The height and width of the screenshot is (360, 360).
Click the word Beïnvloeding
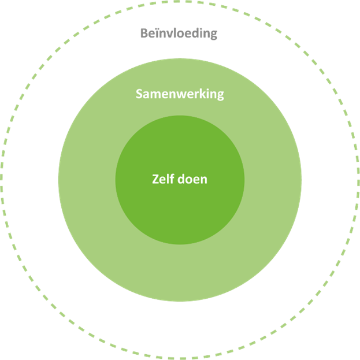179,33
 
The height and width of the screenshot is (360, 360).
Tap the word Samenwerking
180,94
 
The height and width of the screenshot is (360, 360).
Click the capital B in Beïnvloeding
144,34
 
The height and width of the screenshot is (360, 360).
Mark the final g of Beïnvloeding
213,35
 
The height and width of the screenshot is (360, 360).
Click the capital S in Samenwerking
139,94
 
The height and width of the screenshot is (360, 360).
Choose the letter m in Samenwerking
155,94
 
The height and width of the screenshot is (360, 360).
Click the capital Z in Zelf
155,179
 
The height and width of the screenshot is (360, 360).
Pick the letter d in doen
181,179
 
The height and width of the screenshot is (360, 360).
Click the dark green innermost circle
180,208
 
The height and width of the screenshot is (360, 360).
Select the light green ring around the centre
180,272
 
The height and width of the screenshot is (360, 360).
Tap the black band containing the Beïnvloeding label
180,324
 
